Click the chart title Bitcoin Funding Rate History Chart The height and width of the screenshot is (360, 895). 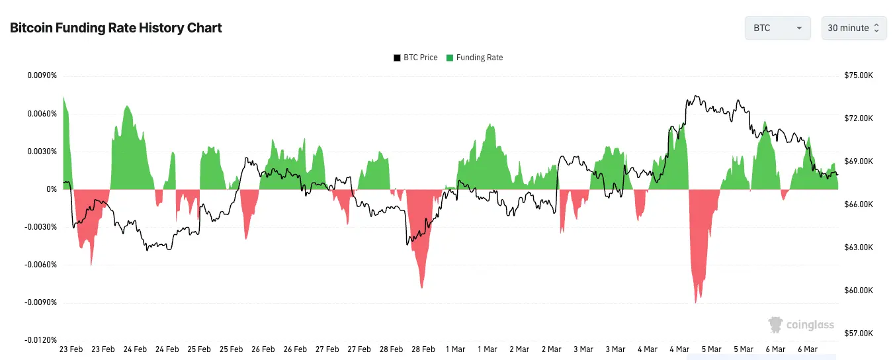[x=116, y=28]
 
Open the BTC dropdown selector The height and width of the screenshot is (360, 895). [x=777, y=28]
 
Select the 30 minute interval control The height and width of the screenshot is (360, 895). [x=853, y=28]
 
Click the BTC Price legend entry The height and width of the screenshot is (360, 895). [x=415, y=58]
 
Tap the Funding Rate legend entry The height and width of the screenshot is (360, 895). [x=474, y=58]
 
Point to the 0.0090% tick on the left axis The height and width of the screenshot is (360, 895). [x=42, y=75]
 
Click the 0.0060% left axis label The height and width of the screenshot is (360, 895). [x=42, y=114]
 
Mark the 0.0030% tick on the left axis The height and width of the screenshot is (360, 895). [x=42, y=152]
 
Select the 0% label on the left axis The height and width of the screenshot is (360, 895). [x=52, y=189]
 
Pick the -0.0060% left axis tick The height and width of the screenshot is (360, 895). [x=41, y=265]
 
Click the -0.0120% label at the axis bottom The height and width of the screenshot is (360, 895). [x=41, y=340]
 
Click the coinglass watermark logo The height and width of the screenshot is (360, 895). [x=801, y=325]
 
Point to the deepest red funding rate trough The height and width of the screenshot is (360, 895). [x=695, y=301]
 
